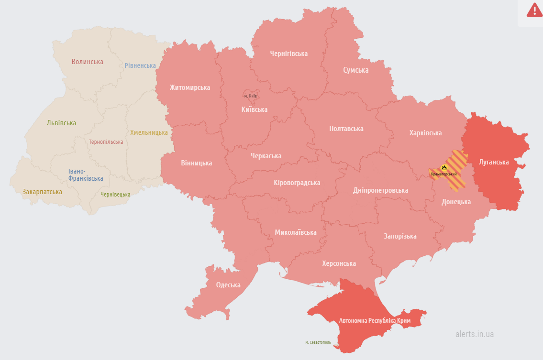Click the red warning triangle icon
pyautogui.click(x=534, y=10)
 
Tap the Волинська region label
pyautogui.click(x=87, y=62)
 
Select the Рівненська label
pyautogui.click(x=140, y=65)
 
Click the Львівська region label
pyautogui.click(x=61, y=123)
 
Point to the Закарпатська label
pyautogui.click(x=42, y=192)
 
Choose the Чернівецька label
pyautogui.click(x=115, y=195)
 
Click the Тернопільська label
pyautogui.click(x=106, y=142)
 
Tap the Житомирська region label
pyautogui.click(x=189, y=87)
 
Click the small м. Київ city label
pyautogui.click(x=250, y=96)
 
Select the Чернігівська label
pyautogui.click(x=288, y=54)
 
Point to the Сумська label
pyautogui.click(x=355, y=70)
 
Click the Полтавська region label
pyautogui.click(x=346, y=129)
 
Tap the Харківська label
pyautogui.click(x=425, y=133)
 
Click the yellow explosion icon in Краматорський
pyautogui.click(x=444, y=167)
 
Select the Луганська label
pyautogui.click(x=494, y=162)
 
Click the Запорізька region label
pyautogui.click(x=400, y=236)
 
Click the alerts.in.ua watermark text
pyautogui.click(x=474, y=334)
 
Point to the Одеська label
pyautogui.click(x=228, y=285)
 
